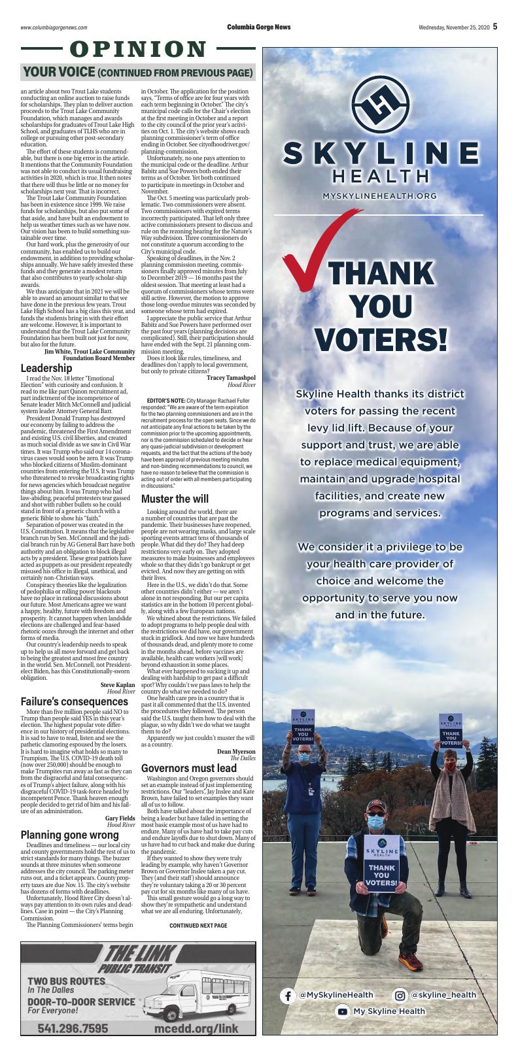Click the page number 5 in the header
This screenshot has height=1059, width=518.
495,27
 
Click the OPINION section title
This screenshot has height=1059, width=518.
137,49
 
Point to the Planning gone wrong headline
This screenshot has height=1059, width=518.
69,835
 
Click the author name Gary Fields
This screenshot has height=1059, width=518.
120,818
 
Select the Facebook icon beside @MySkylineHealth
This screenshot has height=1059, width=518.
287,995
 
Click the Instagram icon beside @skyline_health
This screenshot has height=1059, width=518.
400,995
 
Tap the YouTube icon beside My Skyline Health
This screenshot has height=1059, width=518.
342,1011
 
